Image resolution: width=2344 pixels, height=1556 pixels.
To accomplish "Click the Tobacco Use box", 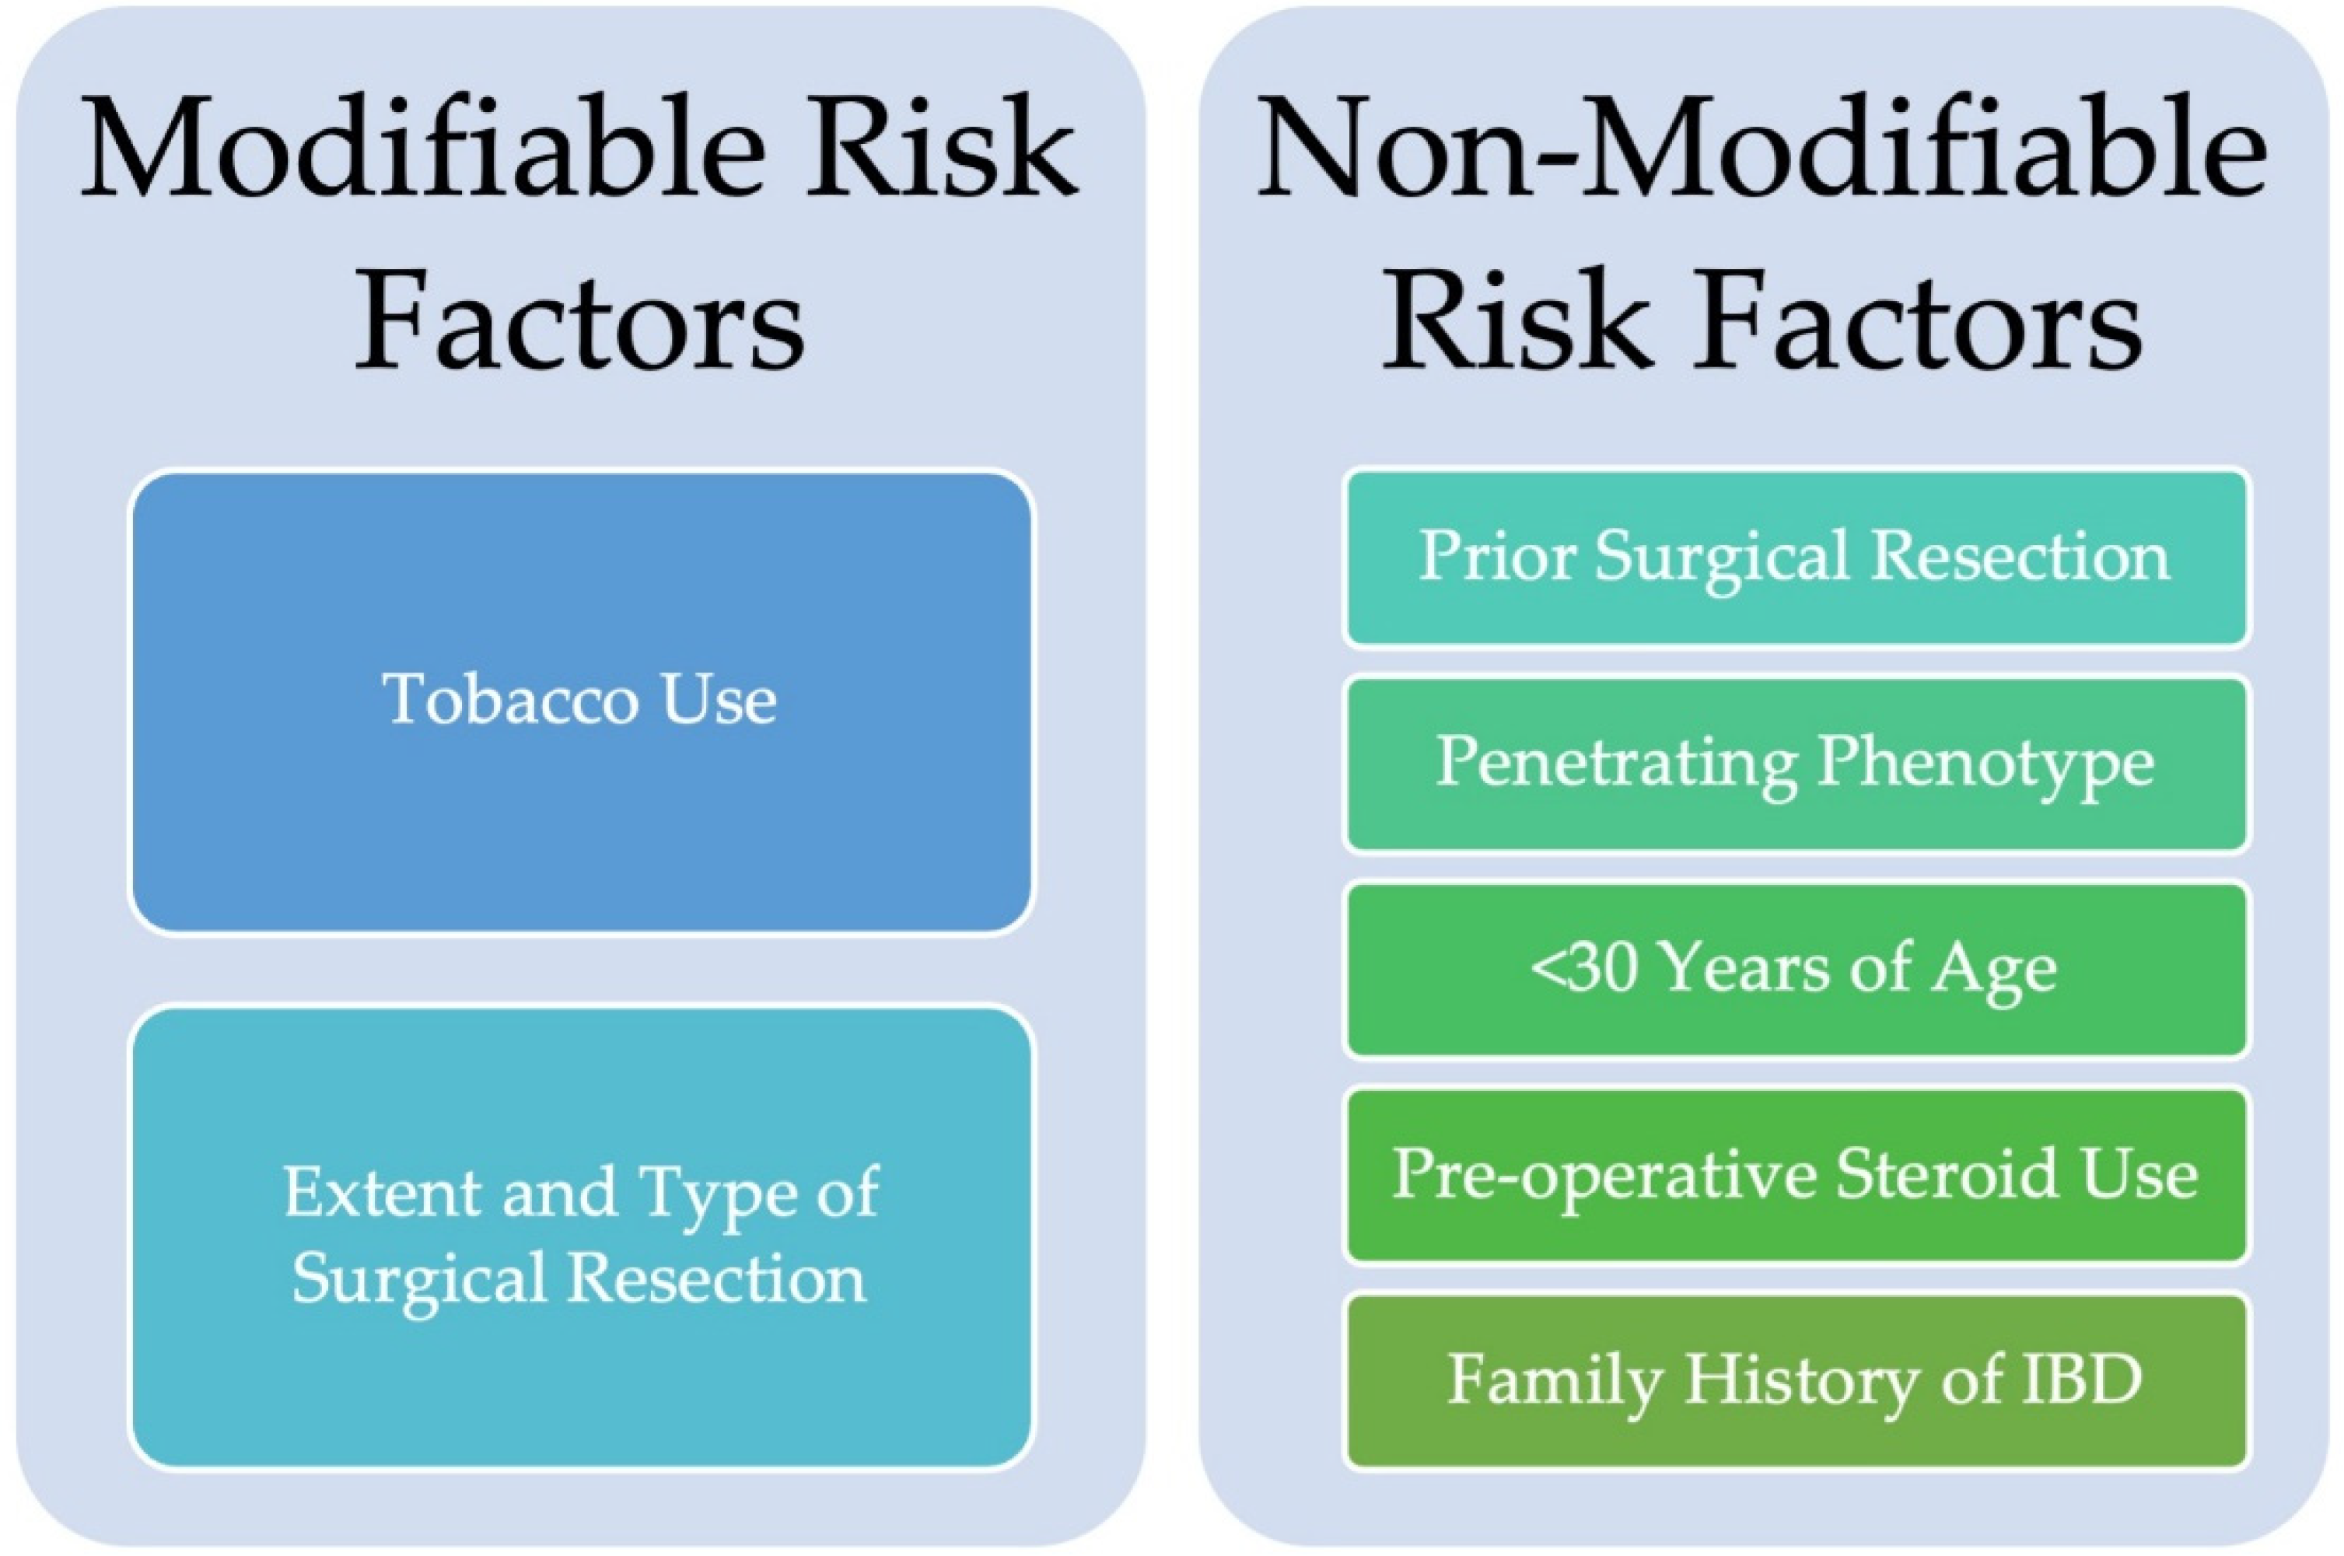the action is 582,701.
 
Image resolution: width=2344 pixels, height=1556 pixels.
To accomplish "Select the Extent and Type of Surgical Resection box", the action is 582,1236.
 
